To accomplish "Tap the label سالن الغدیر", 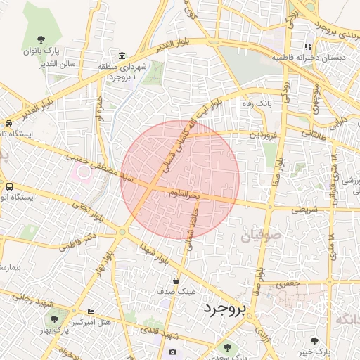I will (60, 64).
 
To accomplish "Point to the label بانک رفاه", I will (257, 104).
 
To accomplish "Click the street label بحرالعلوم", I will (188, 193).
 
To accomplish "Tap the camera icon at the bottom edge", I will (173, 352).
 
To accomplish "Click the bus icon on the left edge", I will (9, 187).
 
